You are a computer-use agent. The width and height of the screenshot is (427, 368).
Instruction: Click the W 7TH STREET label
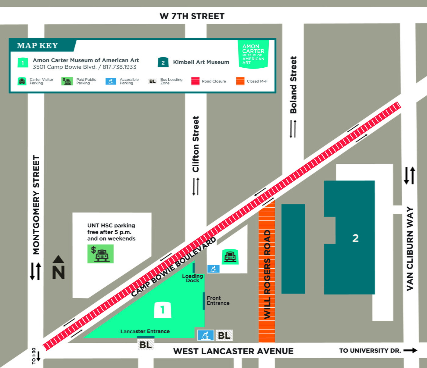(192, 16)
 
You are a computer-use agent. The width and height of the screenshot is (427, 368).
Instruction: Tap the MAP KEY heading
(37, 46)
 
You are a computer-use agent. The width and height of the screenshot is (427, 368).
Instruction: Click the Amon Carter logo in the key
(253, 54)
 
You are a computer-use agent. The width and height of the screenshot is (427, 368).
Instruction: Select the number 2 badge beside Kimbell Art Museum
(163, 63)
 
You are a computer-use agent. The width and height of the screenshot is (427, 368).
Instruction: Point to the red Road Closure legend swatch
(195, 81)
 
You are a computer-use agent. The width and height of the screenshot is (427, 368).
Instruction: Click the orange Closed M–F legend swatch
(240, 81)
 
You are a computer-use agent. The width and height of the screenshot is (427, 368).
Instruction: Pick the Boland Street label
(293, 85)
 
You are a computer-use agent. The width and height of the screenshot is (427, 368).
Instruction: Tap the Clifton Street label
(196, 144)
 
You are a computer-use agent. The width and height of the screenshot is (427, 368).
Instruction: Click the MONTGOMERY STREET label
(36, 205)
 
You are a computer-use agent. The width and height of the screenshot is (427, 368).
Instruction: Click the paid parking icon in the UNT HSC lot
(100, 254)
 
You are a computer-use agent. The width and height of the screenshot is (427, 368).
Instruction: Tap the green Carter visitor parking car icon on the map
(230, 256)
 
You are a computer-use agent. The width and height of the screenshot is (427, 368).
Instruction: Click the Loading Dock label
(192, 278)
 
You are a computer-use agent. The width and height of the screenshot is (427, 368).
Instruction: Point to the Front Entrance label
(218, 300)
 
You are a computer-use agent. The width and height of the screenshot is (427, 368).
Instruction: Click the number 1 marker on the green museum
(162, 310)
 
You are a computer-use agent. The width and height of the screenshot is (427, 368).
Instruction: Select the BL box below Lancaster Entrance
(145, 345)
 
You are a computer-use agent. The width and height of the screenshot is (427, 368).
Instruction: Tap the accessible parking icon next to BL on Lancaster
(205, 335)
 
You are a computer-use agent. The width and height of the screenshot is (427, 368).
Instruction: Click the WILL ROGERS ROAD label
(267, 274)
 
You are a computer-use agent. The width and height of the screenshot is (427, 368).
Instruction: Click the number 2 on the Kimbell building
(355, 238)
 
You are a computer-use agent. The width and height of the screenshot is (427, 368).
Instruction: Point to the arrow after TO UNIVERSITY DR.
(410, 350)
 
